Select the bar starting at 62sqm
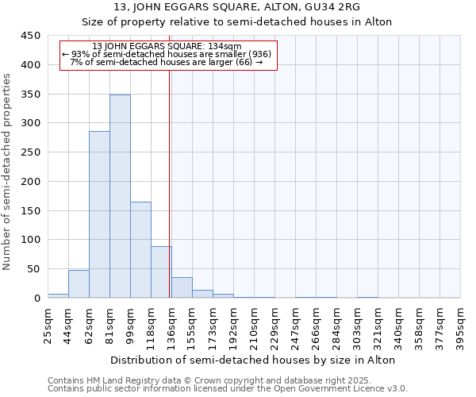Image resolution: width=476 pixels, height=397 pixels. pos(99,214)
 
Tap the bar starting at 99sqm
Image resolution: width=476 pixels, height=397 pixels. pos(140,250)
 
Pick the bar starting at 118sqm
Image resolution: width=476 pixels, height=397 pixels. pos(161,272)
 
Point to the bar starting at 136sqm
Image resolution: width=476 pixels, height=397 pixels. pos(182,288)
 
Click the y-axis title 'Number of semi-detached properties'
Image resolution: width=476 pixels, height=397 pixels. pos(8,172)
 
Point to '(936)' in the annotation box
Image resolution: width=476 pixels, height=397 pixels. pos(258,54)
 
